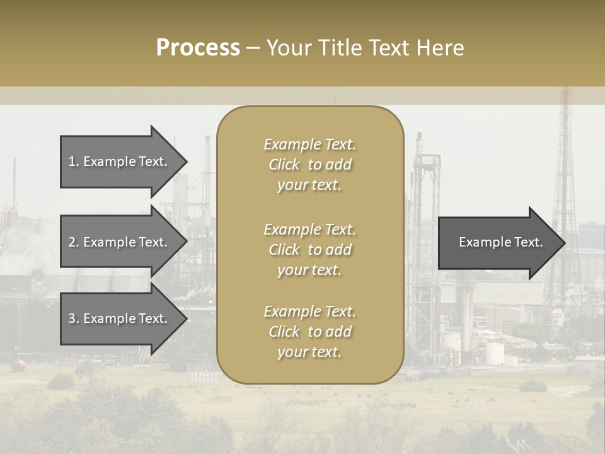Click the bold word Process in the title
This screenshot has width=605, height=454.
(198, 48)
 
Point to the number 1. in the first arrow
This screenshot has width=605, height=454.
(73, 161)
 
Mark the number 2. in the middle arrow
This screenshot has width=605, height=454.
(73, 242)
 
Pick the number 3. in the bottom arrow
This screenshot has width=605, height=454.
(73, 318)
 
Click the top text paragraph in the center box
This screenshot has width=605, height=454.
(309, 165)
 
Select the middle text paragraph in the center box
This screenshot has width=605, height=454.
(309, 250)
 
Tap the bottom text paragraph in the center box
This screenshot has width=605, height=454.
(309, 332)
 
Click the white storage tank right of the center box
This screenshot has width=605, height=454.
(493, 352)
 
